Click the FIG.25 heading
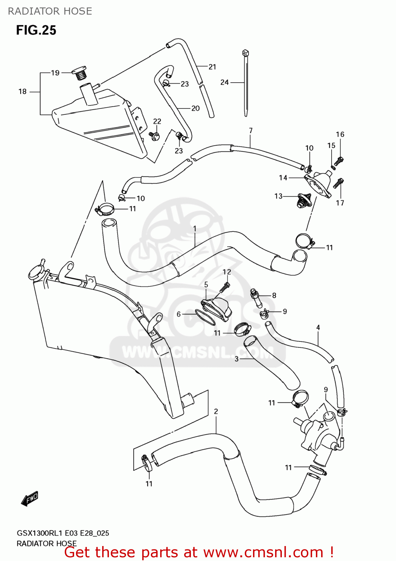click(x=36, y=30)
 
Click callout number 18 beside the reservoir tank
click(x=22, y=91)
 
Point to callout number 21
click(x=212, y=67)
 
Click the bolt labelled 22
click(x=155, y=135)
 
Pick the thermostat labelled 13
click(x=301, y=201)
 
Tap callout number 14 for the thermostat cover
click(x=283, y=178)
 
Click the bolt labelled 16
click(x=339, y=161)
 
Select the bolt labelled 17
click(x=339, y=184)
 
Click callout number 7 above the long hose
click(x=251, y=131)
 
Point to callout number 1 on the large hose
click(x=195, y=228)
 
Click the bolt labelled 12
click(x=225, y=287)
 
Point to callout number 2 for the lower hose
click(x=216, y=411)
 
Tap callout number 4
click(x=318, y=327)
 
